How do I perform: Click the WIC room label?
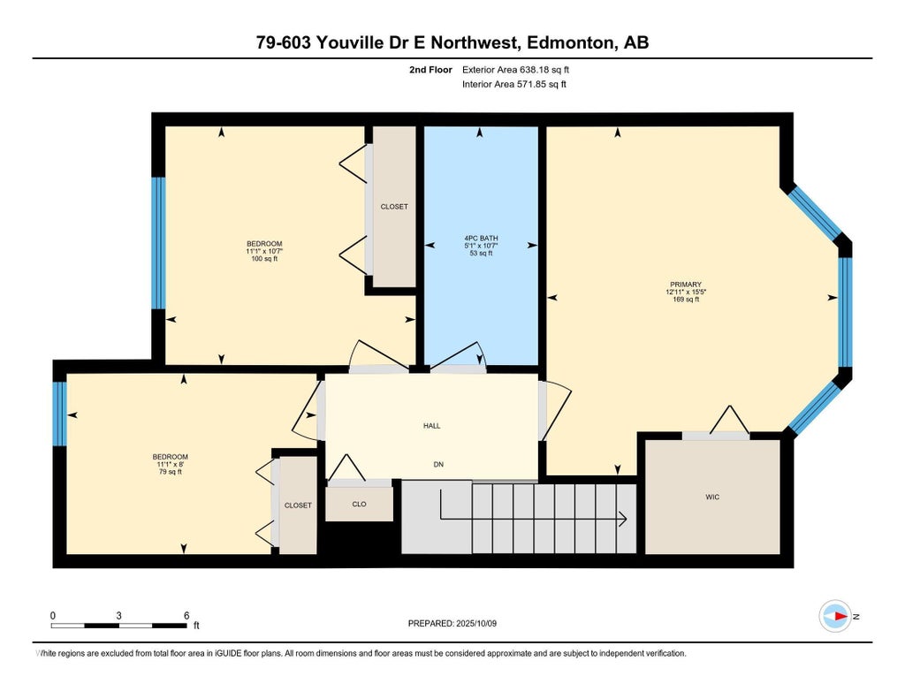pos(712,497)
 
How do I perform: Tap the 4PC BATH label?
pos(481,238)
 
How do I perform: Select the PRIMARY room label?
pos(686,285)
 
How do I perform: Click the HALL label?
pos(431,426)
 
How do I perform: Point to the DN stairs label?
pos(438,464)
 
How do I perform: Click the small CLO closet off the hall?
pos(359,504)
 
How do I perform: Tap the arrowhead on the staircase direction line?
pos(623,519)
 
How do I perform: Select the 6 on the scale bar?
pos(186,615)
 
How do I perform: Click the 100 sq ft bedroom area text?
pos(264,259)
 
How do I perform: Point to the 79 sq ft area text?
pos(171,472)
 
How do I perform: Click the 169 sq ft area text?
pos(686,299)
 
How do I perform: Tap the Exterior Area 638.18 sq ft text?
pos(515,70)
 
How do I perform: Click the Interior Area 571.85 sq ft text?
pos(513,84)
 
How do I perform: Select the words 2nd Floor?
pos(430,70)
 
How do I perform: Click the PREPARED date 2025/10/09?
pos(476,623)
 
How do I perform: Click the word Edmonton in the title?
pos(570,42)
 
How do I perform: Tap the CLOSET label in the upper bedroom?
pos(394,207)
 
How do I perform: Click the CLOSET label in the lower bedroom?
pos(298,505)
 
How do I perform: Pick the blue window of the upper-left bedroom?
pos(158,242)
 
